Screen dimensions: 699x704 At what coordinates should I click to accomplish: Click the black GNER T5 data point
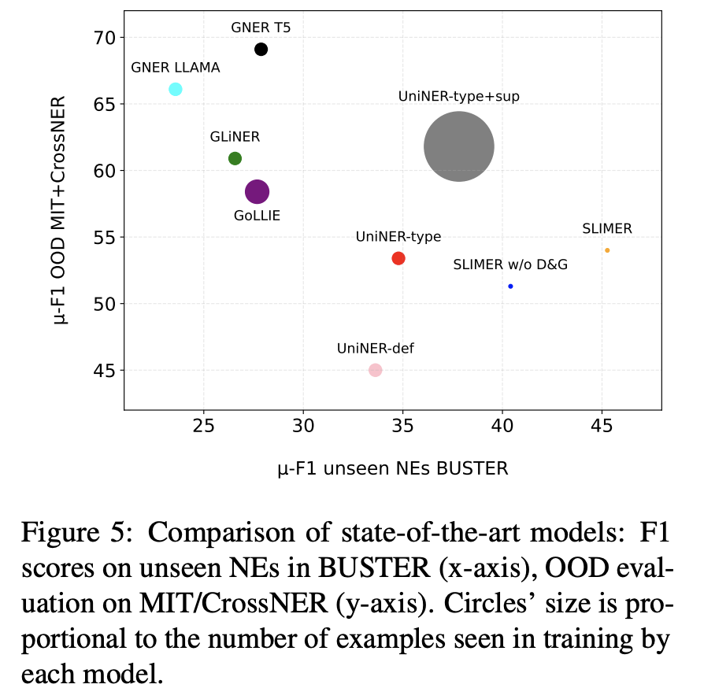[x=261, y=50]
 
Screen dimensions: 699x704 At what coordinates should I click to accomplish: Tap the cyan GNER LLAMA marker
[x=176, y=89]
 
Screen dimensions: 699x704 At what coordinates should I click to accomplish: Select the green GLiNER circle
[x=235, y=158]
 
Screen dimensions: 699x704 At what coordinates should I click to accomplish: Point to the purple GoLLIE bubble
[x=258, y=191]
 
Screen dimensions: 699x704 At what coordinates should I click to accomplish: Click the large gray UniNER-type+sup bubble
[x=459, y=146]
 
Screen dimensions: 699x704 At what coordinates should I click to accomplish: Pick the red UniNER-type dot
[x=398, y=258]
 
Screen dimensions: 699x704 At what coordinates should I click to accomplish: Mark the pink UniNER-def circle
[x=376, y=370]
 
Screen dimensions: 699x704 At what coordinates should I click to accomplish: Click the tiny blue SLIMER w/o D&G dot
[x=510, y=286]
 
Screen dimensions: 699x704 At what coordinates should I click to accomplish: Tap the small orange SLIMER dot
[x=607, y=250]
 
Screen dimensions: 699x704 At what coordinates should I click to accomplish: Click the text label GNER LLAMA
[x=176, y=68]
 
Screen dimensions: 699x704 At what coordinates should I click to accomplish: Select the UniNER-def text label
[x=376, y=348]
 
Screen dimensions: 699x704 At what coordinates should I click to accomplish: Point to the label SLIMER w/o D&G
[x=510, y=265]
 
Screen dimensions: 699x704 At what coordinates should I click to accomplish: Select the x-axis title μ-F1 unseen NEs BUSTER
[x=392, y=469]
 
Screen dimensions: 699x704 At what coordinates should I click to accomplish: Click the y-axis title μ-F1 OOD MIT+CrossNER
[x=62, y=211]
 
